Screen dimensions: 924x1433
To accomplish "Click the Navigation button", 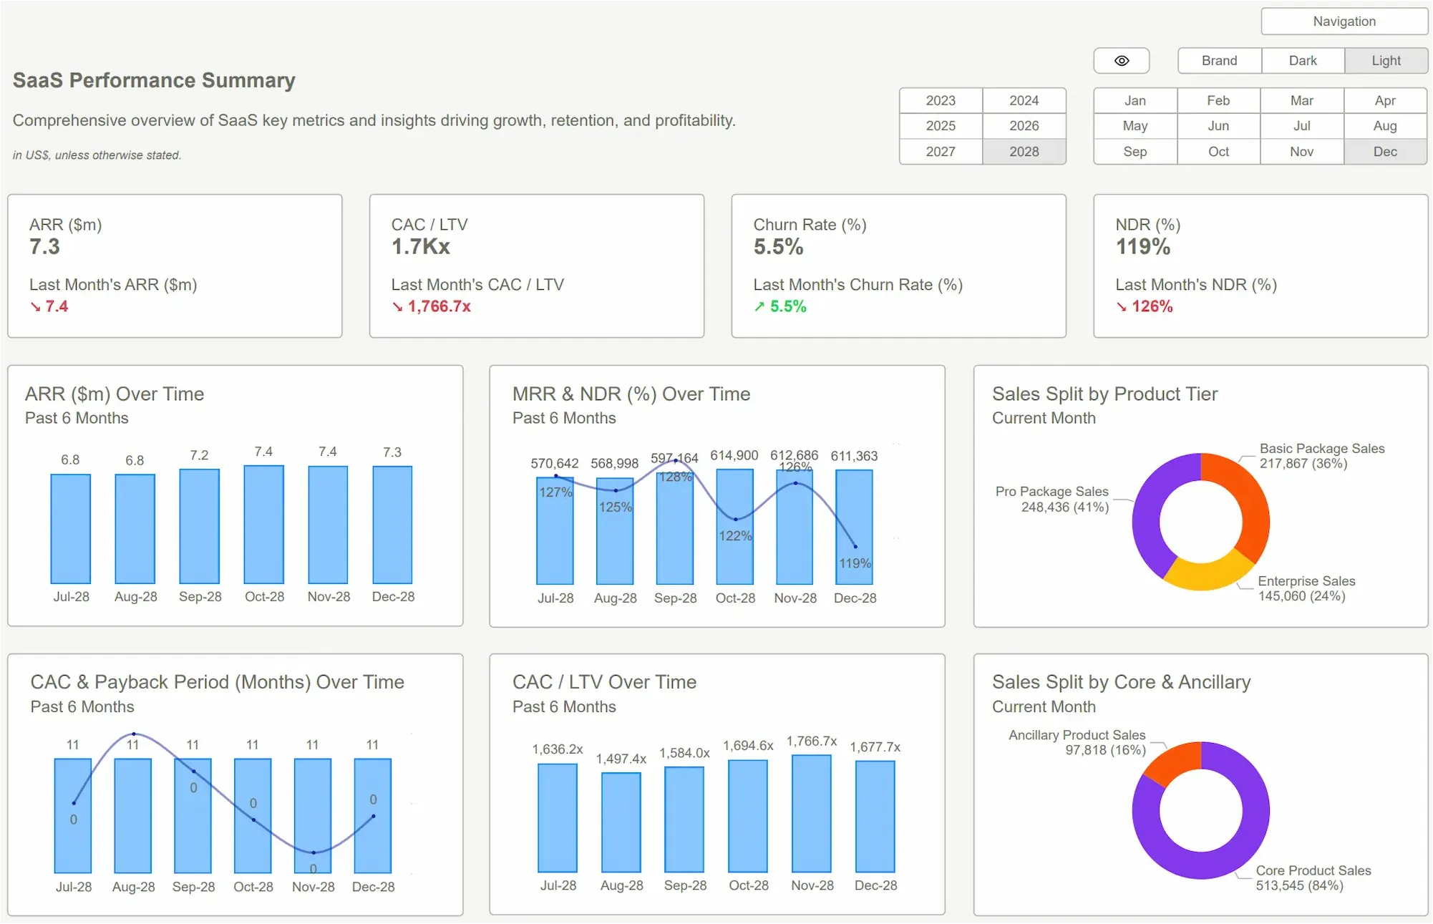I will [1344, 21].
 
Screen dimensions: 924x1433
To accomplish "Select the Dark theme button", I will [1302, 61].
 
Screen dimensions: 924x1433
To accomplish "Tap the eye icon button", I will [1121, 61].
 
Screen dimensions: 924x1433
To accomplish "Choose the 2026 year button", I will [1024, 126].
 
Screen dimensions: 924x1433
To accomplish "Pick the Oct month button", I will [1218, 152].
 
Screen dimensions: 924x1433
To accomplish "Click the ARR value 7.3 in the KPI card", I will [44, 247].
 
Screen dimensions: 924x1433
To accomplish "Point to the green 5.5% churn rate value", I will [787, 306].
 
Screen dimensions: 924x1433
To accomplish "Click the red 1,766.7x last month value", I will [439, 306].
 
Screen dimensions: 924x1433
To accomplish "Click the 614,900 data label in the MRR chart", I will [734, 456].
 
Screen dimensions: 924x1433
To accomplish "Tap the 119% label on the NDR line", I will [855, 563].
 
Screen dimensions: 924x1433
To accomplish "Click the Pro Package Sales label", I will [1051, 492].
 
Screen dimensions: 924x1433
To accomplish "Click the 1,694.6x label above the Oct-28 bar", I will [748, 746].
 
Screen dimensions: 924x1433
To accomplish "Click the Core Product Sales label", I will [1313, 870].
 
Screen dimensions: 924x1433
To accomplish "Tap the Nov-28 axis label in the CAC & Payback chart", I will [313, 887].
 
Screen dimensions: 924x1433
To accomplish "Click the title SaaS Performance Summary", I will [154, 80].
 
